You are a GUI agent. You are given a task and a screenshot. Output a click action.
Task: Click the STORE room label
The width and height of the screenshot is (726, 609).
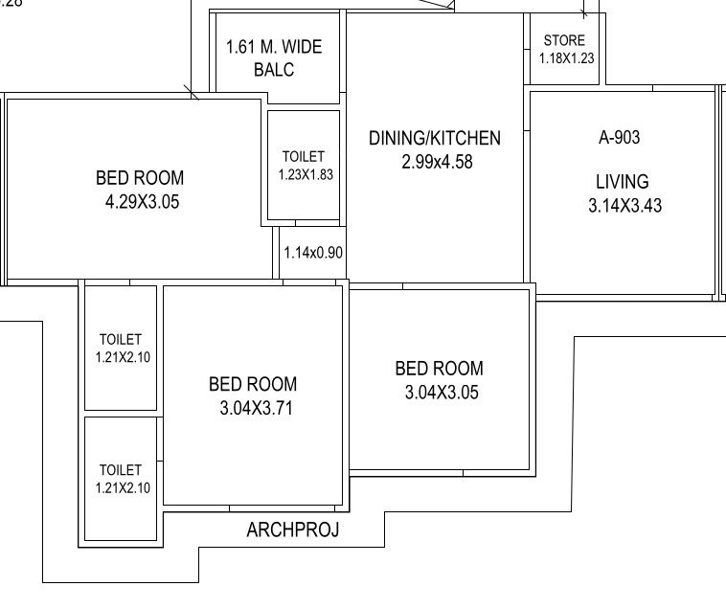pyautogui.click(x=563, y=41)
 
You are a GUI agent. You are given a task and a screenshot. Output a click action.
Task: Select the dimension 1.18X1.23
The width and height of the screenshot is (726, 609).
pyautogui.click(x=567, y=57)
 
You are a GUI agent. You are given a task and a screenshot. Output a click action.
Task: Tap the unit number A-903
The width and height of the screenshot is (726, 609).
pyautogui.click(x=619, y=138)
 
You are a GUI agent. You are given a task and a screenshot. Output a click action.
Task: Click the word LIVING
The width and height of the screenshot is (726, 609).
pyautogui.click(x=622, y=181)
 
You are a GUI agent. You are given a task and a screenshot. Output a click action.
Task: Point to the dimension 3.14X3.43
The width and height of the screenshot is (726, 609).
pyautogui.click(x=624, y=205)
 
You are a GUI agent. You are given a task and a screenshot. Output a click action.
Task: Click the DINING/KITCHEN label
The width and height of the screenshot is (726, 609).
pyautogui.click(x=434, y=139)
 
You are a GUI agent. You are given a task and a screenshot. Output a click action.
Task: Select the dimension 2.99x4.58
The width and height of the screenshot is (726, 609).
pyautogui.click(x=437, y=162)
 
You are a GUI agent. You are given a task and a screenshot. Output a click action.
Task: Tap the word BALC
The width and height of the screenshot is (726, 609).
pyautogui.click(x=274, y=71)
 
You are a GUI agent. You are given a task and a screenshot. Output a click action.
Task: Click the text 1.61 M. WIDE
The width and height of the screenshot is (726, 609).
pyautogui.click(x=274, y=47)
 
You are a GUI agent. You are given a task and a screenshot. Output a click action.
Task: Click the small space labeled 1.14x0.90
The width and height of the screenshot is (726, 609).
pyautogui.click(x=313, y=254)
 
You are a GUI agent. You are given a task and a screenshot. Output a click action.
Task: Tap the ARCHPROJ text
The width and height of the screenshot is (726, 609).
pyautogui.click(x=293, y=530)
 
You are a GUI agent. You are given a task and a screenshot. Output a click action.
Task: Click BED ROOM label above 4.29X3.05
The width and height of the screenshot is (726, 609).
pyautogui.click(x=140, y=178)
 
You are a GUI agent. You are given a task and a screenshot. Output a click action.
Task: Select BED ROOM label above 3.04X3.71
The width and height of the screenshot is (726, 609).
pyautogui.click(x=253, y=385)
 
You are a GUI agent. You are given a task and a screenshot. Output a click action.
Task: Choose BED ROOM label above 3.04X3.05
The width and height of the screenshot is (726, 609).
pyautogui.click(x=439, y=369)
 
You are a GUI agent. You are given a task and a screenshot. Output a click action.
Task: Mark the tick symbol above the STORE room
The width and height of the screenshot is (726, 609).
pyautogui.click(x=583, y=14)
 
